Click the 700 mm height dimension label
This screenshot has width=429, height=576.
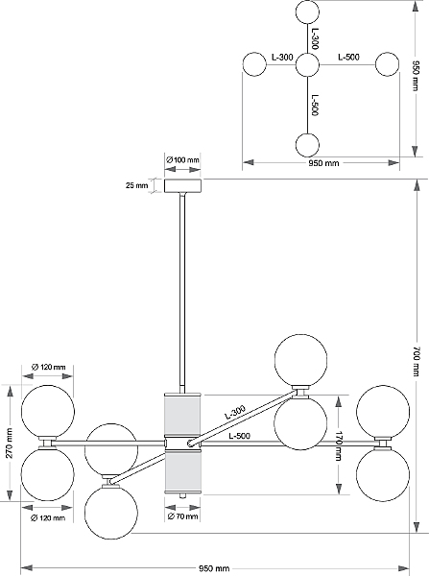(x=416, y=362)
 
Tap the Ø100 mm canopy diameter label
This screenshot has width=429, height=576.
(x=182, y=160)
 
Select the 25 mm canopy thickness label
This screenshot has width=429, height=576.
(x=136, y=185)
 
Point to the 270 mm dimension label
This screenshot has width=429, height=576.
(x=10, y=443)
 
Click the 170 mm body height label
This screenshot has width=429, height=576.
(x=338, y=446)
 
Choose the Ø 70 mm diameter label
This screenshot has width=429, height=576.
(x=183, y=516)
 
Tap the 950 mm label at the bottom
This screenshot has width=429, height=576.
(x=214, y=568)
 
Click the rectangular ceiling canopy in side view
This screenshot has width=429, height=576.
(x=182, y=185)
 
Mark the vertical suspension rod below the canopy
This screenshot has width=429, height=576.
(x=182, y=293)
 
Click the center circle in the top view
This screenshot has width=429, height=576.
(x=307, y=65)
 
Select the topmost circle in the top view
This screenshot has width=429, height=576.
(x=307, y=12)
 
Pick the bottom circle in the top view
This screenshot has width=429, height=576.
(x=307, y=145)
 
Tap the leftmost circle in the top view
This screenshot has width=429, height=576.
(x=254, y=64)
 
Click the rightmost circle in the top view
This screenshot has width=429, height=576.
(x=387, y=64)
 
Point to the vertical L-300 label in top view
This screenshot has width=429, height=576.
(x=315, y=39)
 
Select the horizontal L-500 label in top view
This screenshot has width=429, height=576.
(x=349, y=57)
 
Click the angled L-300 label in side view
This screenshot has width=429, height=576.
(x=235, y=412)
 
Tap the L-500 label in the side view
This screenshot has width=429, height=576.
(x=240, y=436)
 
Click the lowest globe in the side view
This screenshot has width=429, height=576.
(x=111, y=513)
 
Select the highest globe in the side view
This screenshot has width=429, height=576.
(x=300, y=360)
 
